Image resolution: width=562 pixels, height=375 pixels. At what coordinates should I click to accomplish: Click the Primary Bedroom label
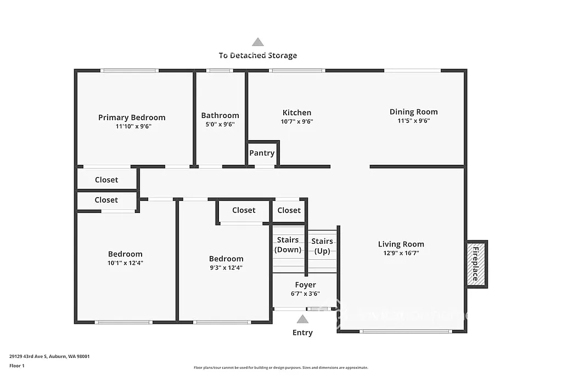click(132, 117)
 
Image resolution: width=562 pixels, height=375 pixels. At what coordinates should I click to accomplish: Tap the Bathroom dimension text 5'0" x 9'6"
click(220, 124)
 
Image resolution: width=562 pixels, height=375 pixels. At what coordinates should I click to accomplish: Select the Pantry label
click(262, 153)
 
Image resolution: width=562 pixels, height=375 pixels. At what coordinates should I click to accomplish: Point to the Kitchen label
click(297, 113)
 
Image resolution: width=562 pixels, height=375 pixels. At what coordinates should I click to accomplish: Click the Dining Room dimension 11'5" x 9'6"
click(413, 121)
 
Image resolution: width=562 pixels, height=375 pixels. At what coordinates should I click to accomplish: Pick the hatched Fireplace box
click(476, 264)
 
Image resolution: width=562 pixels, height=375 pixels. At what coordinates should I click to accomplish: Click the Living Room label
click(401, 244)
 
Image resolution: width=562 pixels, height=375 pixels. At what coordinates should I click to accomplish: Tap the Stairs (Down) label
click(288, 245)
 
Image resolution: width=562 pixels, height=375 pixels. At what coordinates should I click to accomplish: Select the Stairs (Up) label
click(322, 246)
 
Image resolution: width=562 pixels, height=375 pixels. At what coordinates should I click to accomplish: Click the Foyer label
click(305, 285)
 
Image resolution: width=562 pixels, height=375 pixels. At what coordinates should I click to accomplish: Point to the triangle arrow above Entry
click(302, 320)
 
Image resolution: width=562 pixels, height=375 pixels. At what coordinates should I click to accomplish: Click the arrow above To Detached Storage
click(257, 42)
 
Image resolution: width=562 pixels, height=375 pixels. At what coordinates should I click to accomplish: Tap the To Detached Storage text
click(257, 55)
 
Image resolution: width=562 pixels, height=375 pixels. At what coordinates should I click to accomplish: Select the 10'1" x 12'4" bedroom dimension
click(125, 263)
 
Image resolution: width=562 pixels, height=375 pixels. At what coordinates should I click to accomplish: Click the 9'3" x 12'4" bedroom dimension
click(226, 268)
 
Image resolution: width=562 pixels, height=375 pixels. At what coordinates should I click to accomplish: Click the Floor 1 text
click(16, 365)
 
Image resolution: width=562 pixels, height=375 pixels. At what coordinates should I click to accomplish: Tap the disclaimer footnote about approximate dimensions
click(280, 368)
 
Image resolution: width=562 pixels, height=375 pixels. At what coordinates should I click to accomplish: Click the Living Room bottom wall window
click(406, 331)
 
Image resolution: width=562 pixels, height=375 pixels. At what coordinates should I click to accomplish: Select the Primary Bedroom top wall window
click(130, 70)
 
